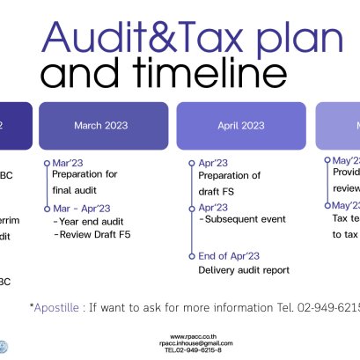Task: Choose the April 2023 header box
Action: pos(241,125)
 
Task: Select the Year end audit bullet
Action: pos(89,222)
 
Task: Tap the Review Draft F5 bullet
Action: pos(92,235)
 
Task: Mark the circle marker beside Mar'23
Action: pos(46,163)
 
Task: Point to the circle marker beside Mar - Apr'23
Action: pos(46,209)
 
